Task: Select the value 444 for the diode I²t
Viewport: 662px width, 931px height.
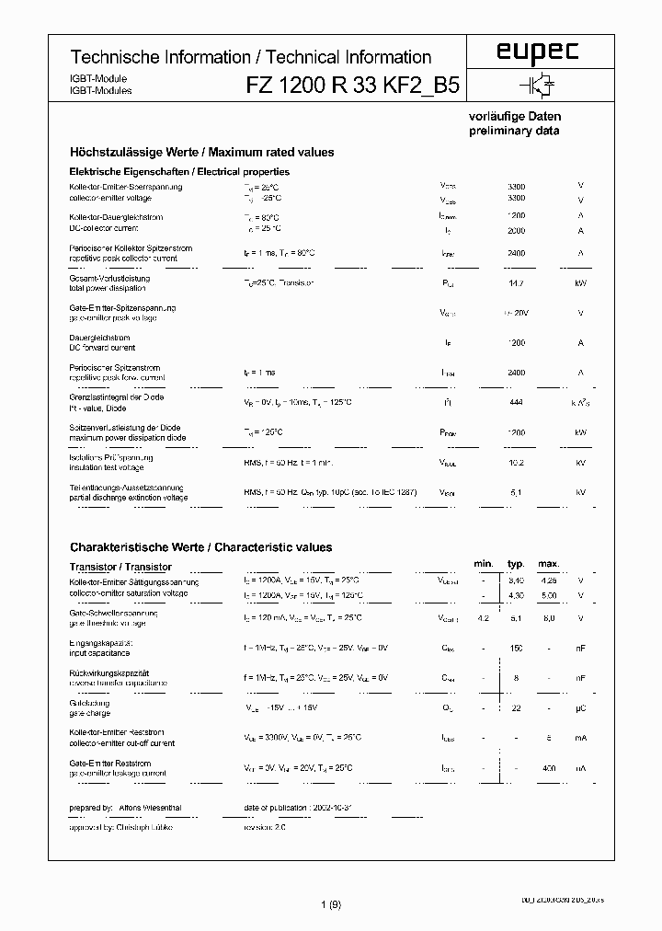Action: coord(516,402)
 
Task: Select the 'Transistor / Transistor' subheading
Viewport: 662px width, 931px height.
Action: coord(120,567)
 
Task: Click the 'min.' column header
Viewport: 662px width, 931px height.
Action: coord(484,563)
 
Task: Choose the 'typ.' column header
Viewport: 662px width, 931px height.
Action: coord(516,563)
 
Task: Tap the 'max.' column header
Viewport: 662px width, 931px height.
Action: coord(548,563)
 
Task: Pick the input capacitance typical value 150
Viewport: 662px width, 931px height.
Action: coord(516,649)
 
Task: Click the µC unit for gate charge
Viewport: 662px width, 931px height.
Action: coord(580,707)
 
